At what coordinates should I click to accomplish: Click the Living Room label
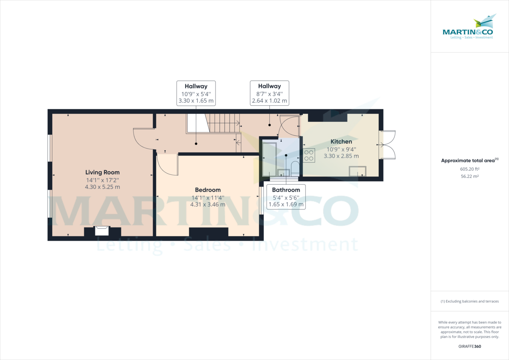point(102,172)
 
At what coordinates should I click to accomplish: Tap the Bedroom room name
point(208,190)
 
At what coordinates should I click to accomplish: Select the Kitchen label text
point(341,141)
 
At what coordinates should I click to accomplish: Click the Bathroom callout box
point(286,197)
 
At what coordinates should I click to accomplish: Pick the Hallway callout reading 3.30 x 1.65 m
point(196,93)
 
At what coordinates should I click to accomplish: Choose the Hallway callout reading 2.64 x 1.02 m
point(269,93)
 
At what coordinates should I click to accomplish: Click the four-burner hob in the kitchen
point(309,155)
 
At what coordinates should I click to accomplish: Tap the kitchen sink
point(357,171)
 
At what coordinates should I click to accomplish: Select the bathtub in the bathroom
point(269,159)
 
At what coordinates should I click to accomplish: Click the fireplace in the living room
point(102,231)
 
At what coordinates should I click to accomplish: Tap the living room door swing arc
point(143,139)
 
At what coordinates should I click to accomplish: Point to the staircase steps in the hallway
point(223,123)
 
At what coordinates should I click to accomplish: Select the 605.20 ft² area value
point(470,169)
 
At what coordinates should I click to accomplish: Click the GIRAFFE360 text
point(470,346)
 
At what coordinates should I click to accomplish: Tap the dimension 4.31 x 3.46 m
point(208,204)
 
